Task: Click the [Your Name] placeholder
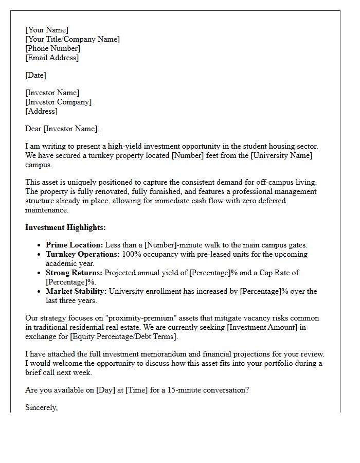pos(47,30)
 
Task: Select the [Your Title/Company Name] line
pos(73,39)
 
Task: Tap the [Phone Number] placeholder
pos(52,48)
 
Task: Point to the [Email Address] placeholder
pos(52,58)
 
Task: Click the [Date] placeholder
pos(35,75)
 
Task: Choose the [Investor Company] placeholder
pos(58,102)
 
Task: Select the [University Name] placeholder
pos(282,155)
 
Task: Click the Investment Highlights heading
pos(65,227)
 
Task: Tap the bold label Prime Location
pos(75,245)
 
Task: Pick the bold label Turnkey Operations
pos(83,254)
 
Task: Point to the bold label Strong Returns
pos(74,273)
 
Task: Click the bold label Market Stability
pos(77,291)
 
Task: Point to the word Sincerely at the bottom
pos(41,407)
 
